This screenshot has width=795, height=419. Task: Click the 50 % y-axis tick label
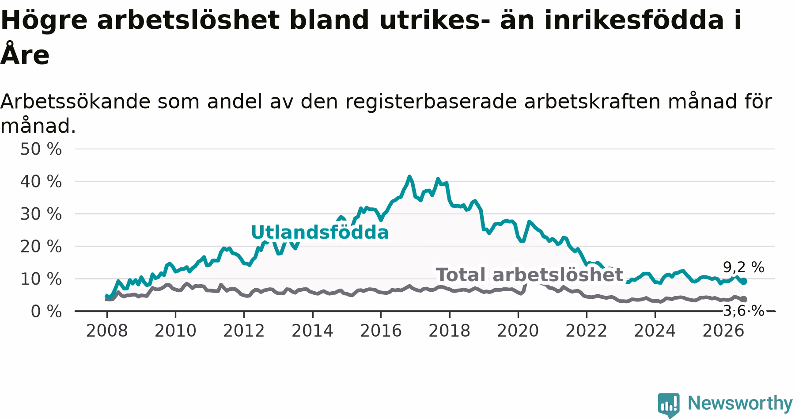click(x=41, y=149)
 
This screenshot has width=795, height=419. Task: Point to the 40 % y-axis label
click(x=41, y=182)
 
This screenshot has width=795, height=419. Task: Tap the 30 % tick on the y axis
click(x=41, y=214)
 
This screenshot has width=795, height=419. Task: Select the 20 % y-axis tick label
click(x=41, y=247)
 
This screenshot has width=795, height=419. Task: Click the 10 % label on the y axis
click(x=41, y=279)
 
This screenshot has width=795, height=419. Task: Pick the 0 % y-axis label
click(x=46, y=312)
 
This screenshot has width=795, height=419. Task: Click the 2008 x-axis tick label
click(x=107, y=331)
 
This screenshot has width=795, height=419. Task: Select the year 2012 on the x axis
click(x=244, y=331)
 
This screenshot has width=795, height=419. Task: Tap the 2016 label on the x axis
click(x=381, y=331)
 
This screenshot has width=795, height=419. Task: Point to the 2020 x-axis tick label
click(x=518, y=331)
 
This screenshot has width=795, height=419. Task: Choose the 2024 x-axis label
click(x=655, y=331)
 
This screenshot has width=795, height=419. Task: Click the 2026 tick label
click(x=723, y=331)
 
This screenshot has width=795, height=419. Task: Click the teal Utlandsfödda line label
click(x=320, y=232)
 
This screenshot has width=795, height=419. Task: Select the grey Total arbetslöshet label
click(x=530, y=275)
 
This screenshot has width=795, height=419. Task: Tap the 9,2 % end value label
click(x=744, y=267)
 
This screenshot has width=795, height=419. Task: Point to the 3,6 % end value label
click(x=744, y=311)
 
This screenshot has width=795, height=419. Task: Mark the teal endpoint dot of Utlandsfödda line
click(x=744, y=282)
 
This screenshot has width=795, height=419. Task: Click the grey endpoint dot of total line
click(x=744, y=300)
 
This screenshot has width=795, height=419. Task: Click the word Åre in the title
click(x=25, y=54)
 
